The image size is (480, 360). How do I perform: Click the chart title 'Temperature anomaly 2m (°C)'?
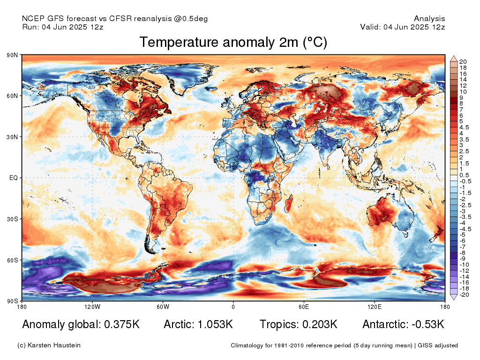[233, 43]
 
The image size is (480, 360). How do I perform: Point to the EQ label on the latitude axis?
[14, 178]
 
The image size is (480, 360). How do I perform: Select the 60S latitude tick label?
[12, 260]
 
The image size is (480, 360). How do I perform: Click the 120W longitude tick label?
[92, 307]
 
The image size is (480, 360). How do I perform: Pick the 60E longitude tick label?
[304, 307]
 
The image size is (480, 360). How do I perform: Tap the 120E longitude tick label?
[374, 307]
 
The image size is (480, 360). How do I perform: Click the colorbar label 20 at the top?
[463, 62]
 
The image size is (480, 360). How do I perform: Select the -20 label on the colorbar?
[464, 294]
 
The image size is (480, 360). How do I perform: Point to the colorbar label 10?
[463, 92]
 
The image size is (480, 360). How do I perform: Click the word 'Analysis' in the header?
[429, 19]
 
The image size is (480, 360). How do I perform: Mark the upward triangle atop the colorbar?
[454, 58]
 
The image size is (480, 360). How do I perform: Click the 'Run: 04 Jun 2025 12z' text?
[63, 27]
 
